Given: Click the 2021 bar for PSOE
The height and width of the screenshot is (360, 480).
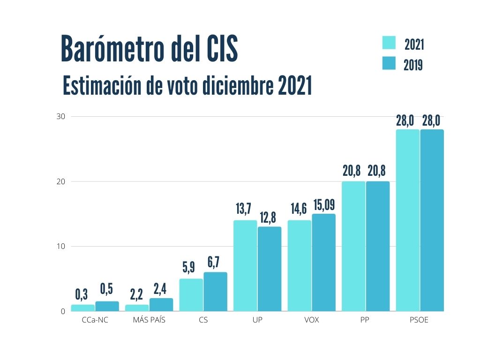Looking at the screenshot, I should click(408, 220).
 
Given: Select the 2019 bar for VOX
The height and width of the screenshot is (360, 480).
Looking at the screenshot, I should click(324, 262).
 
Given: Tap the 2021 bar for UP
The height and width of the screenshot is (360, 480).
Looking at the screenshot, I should click(245, 266).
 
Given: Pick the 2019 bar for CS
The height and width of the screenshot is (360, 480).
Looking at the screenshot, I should click(215, 292).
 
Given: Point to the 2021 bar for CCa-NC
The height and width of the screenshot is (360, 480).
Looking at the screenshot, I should click(82, 308).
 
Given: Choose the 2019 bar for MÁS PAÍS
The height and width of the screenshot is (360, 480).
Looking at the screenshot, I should click(161, 305).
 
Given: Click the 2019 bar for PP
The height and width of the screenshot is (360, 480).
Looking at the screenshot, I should click(378, 246).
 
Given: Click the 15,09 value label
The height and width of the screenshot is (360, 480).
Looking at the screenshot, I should click(324, 205).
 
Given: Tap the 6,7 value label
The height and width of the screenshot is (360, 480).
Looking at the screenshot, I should click(214, 263).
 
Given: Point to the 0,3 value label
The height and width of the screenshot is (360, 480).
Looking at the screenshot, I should click(82, 294).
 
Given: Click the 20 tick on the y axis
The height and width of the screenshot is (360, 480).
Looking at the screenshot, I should click(61, 181).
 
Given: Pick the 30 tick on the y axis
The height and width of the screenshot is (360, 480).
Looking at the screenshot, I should click(61, 116).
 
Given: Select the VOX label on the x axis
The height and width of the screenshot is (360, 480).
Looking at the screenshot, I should click(312, 321).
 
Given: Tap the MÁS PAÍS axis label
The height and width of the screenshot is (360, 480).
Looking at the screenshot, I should click(149, 321).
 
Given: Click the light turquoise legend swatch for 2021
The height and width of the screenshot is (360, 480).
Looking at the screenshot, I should click(389, 43).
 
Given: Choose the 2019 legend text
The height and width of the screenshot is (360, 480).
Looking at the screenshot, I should click(413, 65).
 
